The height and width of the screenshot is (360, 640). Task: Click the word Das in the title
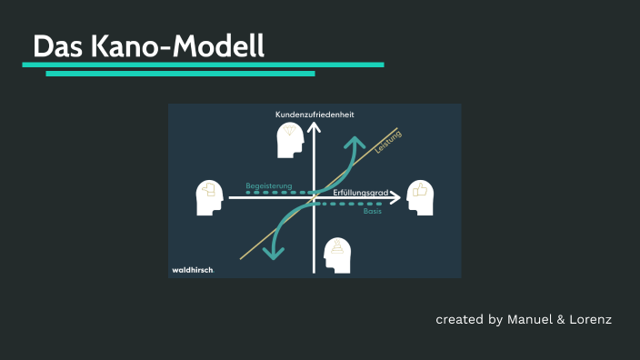[58, 46]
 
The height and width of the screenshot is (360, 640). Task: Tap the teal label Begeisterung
[269, 185]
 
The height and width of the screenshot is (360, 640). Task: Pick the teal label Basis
[372, 211]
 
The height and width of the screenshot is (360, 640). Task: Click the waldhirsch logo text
[193, 270]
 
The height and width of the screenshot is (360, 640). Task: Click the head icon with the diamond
[290, 138]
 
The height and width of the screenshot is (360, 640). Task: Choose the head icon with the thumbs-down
[210, 197]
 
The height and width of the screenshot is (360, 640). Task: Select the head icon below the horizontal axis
[337, 255]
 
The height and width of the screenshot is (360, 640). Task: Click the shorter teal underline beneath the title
[180, 74]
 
